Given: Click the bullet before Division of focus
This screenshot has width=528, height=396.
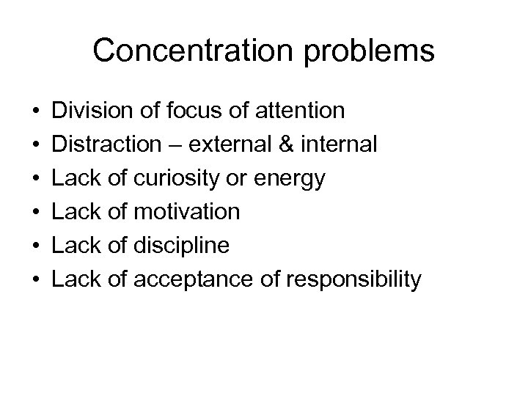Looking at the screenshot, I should pyautogui.click(x=36, y=111).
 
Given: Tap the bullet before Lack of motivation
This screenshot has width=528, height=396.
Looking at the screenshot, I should pyautogui.click(x=36, y=213).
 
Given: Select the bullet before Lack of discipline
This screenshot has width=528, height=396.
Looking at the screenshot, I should pyautogui.click(x=36, y=246).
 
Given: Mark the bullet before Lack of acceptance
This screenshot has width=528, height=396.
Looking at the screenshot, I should pyautogui.click(x=36, y=280).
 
